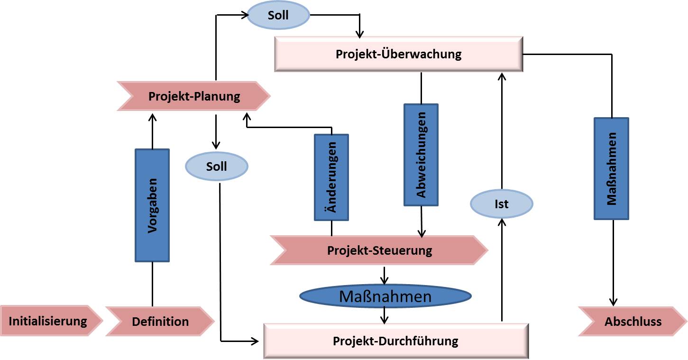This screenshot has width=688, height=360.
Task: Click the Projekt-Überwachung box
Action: tap(398, 54)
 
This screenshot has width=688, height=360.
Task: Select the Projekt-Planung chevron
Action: tap(194, 97)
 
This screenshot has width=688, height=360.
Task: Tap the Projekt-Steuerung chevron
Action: tap(379, 250)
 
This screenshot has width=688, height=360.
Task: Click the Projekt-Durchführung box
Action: tap(395, 341)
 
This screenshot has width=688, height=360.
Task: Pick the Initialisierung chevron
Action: tap(48, 321)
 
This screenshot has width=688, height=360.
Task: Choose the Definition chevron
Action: tap(160, 322)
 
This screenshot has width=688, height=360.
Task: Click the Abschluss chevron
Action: tap(633, 322)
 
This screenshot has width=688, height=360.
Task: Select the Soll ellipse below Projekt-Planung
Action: tap(216, 166)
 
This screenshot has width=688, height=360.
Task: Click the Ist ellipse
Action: tap(501, 204)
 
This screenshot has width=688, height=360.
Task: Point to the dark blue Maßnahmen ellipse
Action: tap(385, 297)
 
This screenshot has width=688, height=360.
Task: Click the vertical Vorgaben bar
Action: tap(152, 205)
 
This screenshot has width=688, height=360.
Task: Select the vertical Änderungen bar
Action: tap(331, 177)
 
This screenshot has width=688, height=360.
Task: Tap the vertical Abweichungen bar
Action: tap(421, 155)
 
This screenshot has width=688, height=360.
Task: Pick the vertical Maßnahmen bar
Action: tap(612, 168)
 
